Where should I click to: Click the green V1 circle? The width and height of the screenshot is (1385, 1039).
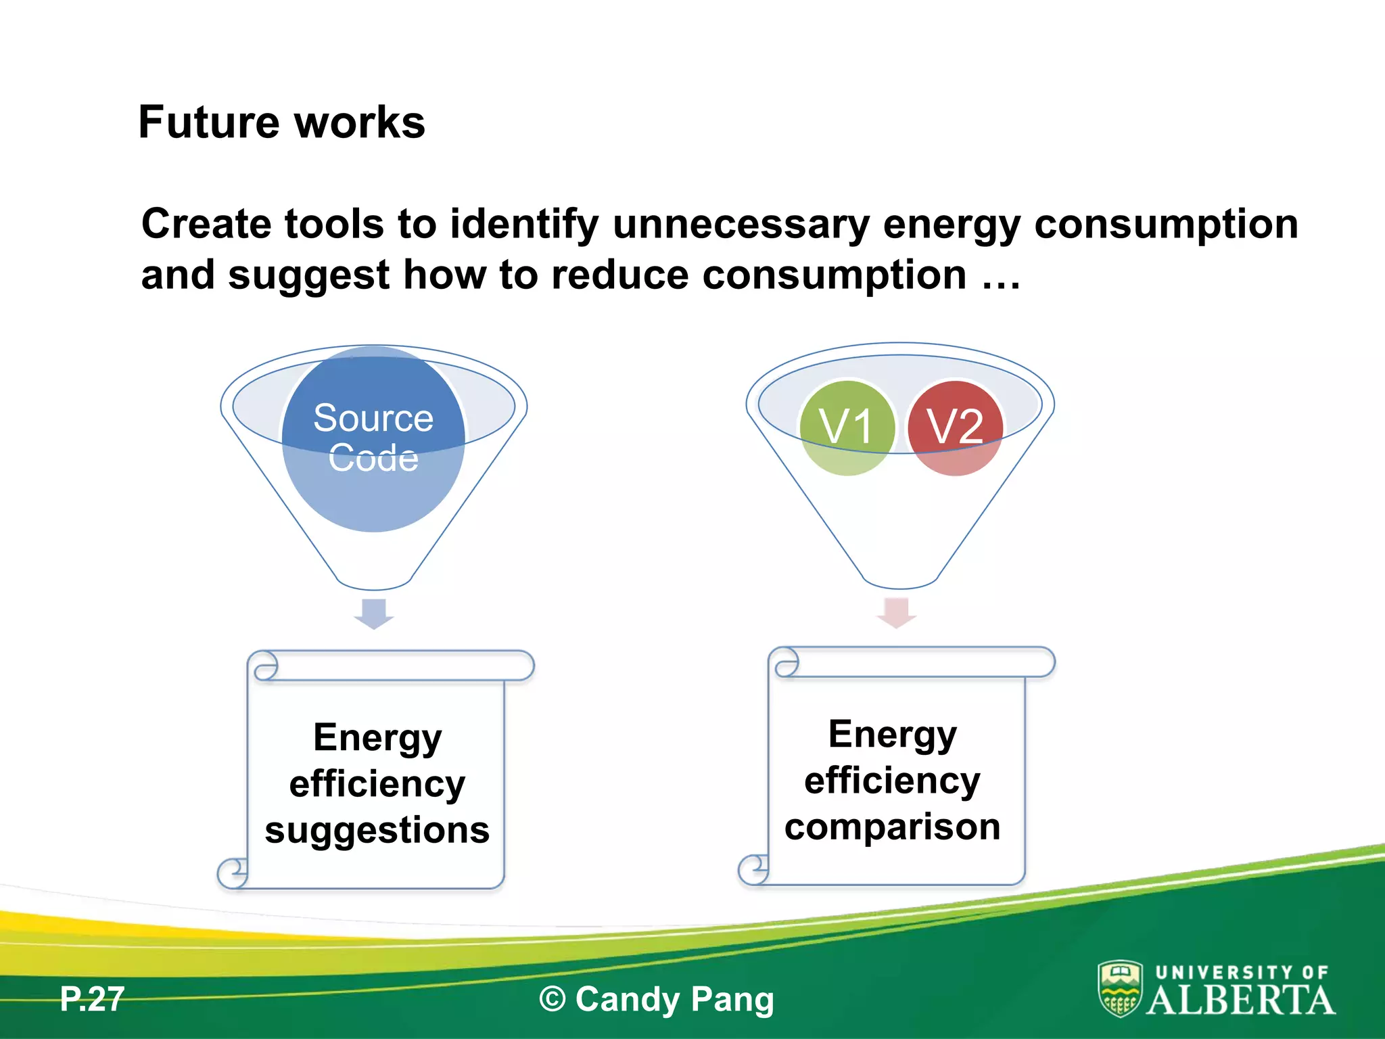pyautogui.click(x=847, y=428)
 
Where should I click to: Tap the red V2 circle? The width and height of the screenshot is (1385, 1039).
pyautogui.click(x=954, y=428)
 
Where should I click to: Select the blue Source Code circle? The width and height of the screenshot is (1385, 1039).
pyautogui.click(x=373, y=438)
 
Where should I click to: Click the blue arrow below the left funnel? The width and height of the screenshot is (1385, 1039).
pyautogui.click(x=374, y=613)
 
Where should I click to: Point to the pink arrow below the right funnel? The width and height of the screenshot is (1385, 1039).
pyautogui.click(x=897, y=611)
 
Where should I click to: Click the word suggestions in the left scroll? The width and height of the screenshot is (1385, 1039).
pyautogui.click(x=377, y=830)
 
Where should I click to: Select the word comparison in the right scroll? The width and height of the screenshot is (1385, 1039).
pyautogui.click(x=892, y=827)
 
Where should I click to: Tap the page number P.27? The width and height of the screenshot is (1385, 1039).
pyautogui.click(x=92, y=999)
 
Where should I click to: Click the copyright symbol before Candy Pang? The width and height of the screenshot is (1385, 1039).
pyautogui.click(x=553, y=999)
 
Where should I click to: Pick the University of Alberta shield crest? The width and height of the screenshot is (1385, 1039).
pyautogui.click(x=1120, y=989)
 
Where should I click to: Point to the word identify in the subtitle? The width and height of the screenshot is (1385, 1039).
pyautogui.click(x=524, y=225)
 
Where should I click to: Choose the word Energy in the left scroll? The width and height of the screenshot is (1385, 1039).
pyautogui.click(x=377, y=738)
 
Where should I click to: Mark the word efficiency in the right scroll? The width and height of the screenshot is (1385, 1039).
pyautogui.click(x=892, y=781)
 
